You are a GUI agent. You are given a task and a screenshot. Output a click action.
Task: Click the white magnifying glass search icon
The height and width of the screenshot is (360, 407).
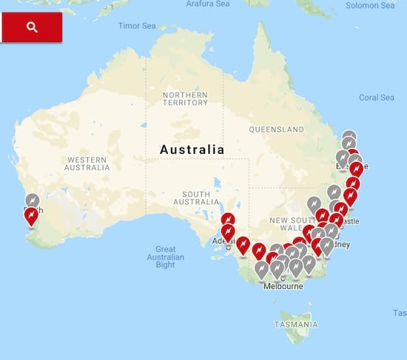click(x=31, y=27)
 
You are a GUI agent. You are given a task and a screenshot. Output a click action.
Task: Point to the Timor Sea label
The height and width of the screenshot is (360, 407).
click(x=137, y=26)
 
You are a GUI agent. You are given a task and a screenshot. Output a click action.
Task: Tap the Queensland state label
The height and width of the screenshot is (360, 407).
click(x=277, y=129)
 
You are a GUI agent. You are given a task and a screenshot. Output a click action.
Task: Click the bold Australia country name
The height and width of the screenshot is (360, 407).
click(x=192, y=149)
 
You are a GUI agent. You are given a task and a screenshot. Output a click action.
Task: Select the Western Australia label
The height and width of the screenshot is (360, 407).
click(x=87, y=163)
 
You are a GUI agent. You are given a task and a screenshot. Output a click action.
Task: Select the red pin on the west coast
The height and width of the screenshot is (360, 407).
click(x=31, y=216)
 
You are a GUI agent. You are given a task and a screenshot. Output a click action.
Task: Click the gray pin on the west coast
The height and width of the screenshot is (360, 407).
click(x=33, y=200)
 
